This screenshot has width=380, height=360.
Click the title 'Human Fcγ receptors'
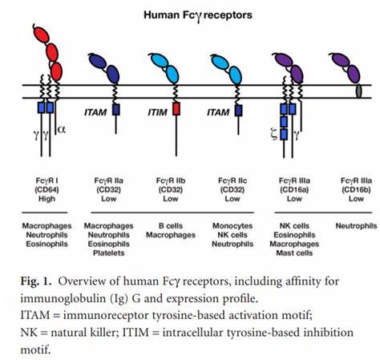(x=198, y=15)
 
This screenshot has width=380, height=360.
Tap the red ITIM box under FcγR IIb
(x=176, y=109)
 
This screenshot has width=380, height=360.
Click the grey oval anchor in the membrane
(x=358, y=91)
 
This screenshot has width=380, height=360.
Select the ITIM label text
(x=158, y=112)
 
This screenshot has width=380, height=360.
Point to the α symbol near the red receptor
(x=62, y=130)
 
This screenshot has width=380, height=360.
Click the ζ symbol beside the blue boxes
(x=274, y=135)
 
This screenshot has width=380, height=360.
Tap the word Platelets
(x=109, y=253)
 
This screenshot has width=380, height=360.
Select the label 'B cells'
(x=171, y=226)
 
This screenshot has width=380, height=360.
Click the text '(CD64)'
(x=46, y=189)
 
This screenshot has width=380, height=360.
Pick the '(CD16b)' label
(x=356, y=189)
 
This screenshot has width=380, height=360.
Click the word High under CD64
(x=46, y=199)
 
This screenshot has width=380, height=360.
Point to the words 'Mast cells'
(x=294, y=253)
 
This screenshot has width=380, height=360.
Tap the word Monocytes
(x=232, y=226)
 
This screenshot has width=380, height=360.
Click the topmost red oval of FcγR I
(x=42, y=34)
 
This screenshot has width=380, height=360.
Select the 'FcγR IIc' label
(x=232, y=180)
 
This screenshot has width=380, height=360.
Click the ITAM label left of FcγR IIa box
(x=95, y=112)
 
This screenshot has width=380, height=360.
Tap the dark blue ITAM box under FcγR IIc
(x=238, y=111)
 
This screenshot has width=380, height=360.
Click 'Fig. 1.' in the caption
(x=35, y=281)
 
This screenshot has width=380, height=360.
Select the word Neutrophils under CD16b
(x=356, y=226)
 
